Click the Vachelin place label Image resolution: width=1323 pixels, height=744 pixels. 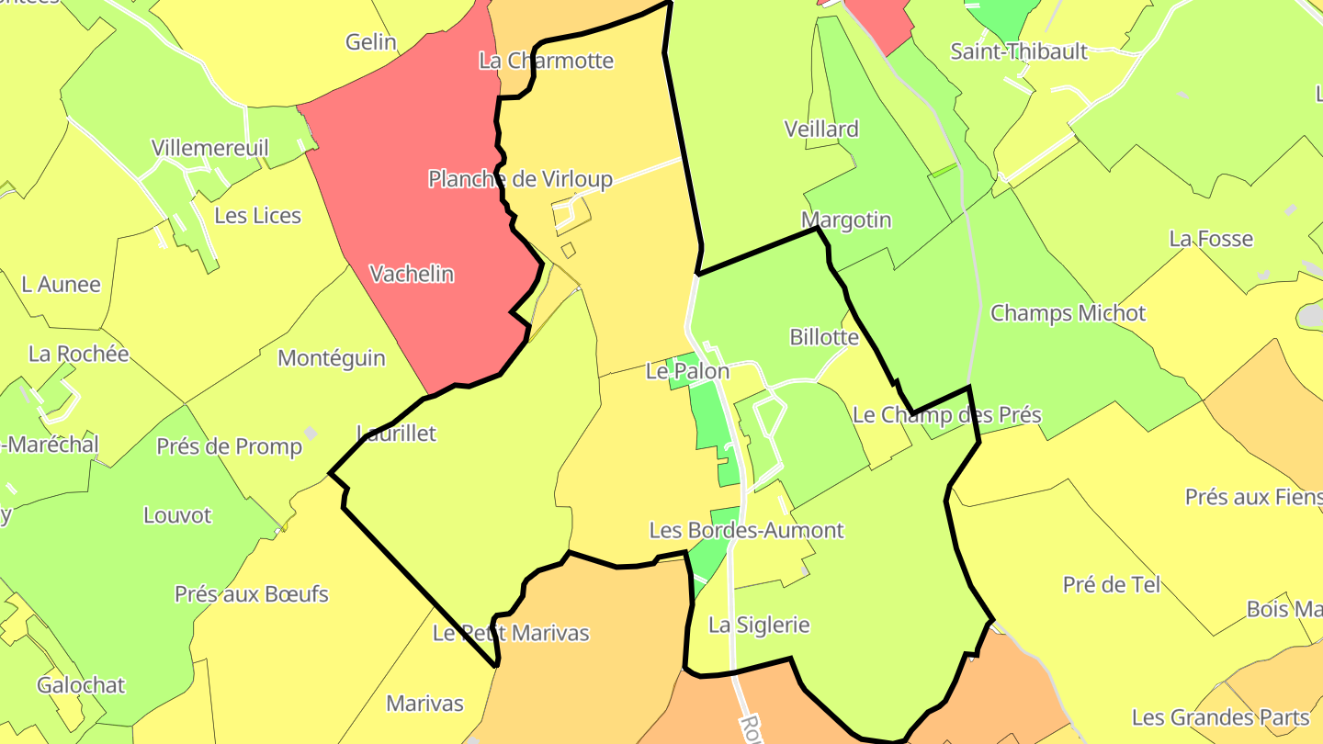(x=412, y=274)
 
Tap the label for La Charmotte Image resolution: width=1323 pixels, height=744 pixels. (x=546, y=61)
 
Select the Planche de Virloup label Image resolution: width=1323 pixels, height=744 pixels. (x=520, y=178)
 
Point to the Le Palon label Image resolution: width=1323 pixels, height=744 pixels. (x=687, y=371)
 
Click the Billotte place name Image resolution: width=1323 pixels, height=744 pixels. (x=824, y=337)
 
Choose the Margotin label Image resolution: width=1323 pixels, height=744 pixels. (x=846, y=220)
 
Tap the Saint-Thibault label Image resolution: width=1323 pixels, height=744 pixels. (x=1019, y=51)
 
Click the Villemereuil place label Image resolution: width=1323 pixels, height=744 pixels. (x=210, y=148)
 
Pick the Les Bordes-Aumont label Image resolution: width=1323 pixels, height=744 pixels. (x=746, y=530)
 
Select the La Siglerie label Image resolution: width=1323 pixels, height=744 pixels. (x=759, y=626)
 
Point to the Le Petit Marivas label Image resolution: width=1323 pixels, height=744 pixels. (x=511, y=633)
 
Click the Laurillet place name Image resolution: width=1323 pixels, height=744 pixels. (x=396, y=434)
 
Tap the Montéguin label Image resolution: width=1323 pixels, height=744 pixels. (x=332, y=358)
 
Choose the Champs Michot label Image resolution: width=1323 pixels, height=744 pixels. (x=1068, y=313)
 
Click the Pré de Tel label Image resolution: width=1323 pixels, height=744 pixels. (x=1112, y=584)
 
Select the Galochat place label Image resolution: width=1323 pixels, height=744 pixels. (x=81, y=685)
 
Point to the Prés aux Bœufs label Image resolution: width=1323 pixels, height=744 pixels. (x=252, y=594)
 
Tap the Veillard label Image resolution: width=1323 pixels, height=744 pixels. (x=821, y=130)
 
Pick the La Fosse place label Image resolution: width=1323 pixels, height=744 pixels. (x=1211, y=239)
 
